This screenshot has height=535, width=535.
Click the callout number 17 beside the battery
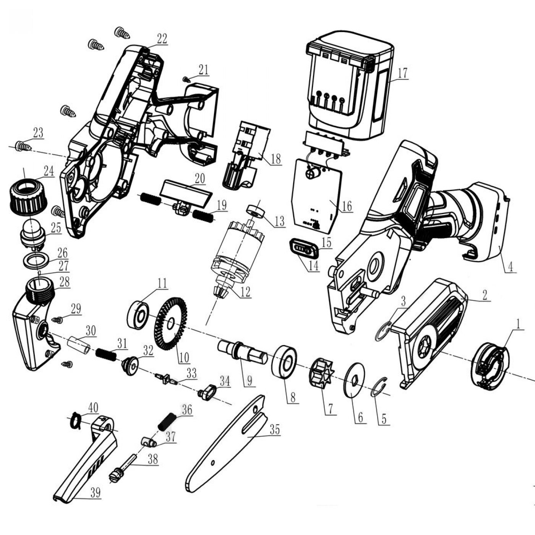point(402,73)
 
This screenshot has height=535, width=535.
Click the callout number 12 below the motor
point(245,292)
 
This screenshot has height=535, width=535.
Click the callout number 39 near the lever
point(95,501)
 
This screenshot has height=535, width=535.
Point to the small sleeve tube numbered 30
point(79,345)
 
